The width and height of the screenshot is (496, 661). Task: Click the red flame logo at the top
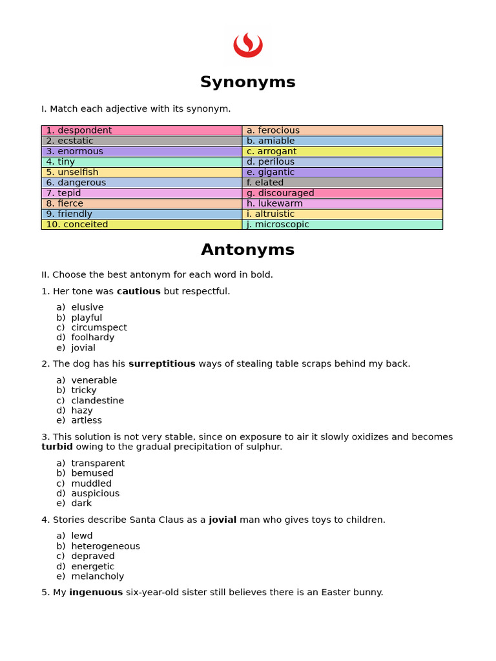pyautogui.click(x=247, y=45)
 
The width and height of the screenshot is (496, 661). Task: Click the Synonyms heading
pyautogui.click(x=247, y=82)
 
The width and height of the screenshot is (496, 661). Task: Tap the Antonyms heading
pyautogui.click(x=247, y=250)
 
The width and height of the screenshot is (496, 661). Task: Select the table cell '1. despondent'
pyautogui.click(x=141, y=130)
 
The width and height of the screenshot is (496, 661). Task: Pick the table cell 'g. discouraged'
pyautogui.click(x=342, y=193)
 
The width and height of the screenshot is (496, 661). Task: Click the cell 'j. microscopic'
pyautogui.click(x=342, y=225)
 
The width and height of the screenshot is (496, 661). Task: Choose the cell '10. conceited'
pyautogui.click(x=141, y=225)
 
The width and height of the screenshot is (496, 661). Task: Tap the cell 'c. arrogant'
pyautogui.click(x=342, y=152)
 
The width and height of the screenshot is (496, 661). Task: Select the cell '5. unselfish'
pyautogui.click(x=141, y=172)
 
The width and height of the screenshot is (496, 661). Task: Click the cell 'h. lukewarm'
pyautogui.click(x=342, y=203)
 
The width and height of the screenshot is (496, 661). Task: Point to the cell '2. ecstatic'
pyautogui.click(x=141, y=141)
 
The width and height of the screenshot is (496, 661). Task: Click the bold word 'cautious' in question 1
pyautogui.click(x=138, y=291)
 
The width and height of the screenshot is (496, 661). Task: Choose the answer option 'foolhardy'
pyautogui.click(x=92, y=337)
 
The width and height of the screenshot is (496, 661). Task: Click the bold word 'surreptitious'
pyautogui.click(x=161, y=364)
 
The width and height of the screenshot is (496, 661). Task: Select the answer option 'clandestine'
pyautogui.click(x=98, y=400)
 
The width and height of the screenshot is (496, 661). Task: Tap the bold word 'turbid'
pyautogui.click(x=57, y=447)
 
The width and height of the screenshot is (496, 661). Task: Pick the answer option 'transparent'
pyautogui.click(x=98, y=463)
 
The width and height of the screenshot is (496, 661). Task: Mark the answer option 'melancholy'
pyautogui.click(x=98, y=576)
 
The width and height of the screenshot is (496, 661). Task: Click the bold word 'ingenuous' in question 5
pyautogui.click(x=96, y=592)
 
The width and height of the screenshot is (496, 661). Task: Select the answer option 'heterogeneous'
pyautogui.click(x=105, y=546)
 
